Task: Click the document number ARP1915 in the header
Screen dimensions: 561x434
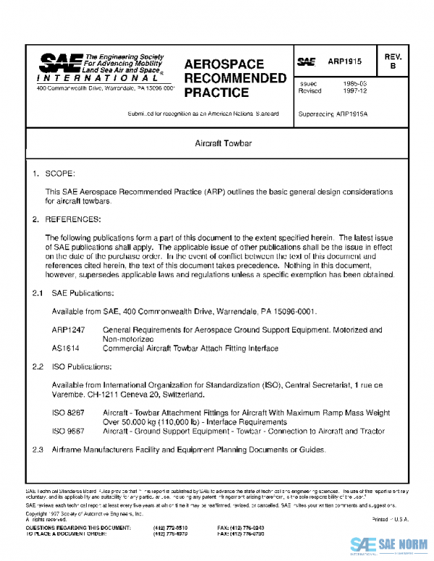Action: coord(349,64)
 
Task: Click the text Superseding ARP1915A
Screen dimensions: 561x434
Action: coord(327,114)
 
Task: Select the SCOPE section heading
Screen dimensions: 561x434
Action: coord(59,175)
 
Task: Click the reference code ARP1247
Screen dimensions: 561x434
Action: coord(67,330)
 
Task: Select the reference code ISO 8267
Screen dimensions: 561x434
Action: coord(67,411)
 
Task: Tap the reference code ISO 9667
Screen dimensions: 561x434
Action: coord(67,430)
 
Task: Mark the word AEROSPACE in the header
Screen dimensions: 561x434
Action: coord(224,64)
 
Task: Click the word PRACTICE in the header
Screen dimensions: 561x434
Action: coord(217,93)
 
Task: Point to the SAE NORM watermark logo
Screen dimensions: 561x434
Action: coord(389,544)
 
